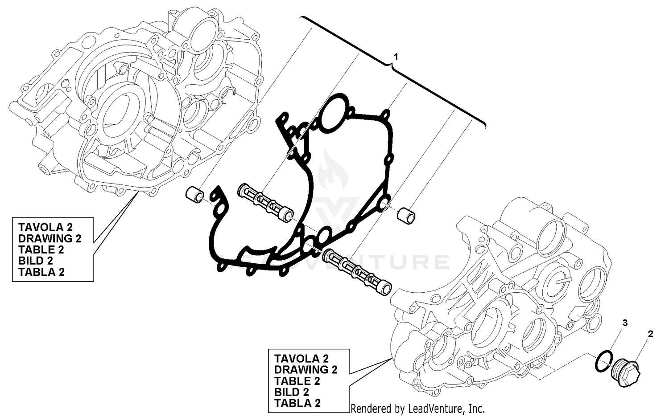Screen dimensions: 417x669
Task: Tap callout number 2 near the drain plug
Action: pos(650,334)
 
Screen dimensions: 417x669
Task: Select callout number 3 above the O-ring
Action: pos(625,323)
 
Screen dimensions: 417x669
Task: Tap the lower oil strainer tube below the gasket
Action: pos(357,271)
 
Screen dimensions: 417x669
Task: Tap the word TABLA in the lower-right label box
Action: pos(292,403)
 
